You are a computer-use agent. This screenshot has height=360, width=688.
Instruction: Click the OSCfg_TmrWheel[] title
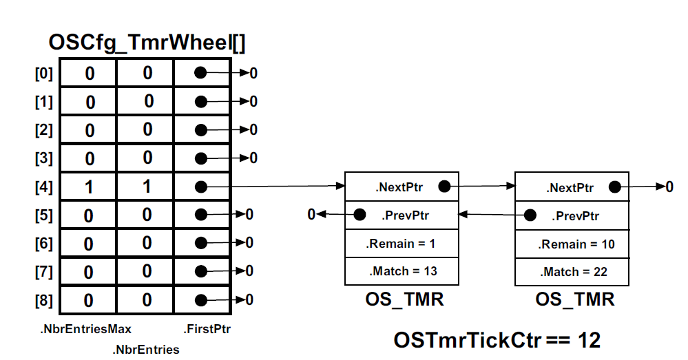pyautogui.click(x=147, y=43)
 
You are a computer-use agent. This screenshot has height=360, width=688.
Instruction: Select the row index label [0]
pyautogui.click(x=43, y=73)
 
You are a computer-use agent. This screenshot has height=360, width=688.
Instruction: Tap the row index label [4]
pyautogui.click(x=43, y=187)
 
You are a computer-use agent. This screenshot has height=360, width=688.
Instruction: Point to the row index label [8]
pyautogui.click(x=43, y=300)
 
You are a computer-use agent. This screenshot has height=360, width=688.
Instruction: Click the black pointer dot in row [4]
pyautogui.click(x=200, y=187)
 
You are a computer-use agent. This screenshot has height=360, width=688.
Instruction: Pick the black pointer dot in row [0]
pyautogui.click(x=200, y=73)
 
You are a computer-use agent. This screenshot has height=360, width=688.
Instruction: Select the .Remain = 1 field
pyautogui.click(x=401, y=243)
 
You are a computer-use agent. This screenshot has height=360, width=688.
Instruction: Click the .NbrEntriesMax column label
pyautogui.click(x=85, y=329)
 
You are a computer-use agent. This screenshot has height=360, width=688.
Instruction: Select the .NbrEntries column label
pyautogui.click(x=145, y=350)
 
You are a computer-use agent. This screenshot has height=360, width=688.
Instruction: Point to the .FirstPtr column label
pyautogui.click(x=207, y=329)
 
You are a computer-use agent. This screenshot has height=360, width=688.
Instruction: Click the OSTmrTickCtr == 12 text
pyautogui.click(x=497, y=339)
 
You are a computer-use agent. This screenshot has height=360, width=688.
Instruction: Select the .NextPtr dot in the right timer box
pyautogui.click(x=615, y=187)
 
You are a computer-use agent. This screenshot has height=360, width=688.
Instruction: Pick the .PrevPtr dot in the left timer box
pyautogui.click(x=359, y=215)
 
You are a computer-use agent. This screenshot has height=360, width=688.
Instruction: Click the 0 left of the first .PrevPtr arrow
pyautogui.click(x=312, y=215)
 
